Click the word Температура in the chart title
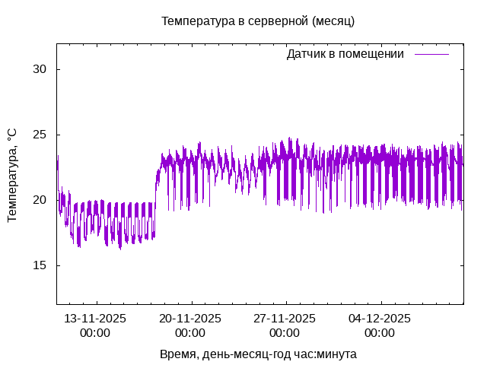click(x=197, y=21)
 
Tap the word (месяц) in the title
click(x=333, y=21)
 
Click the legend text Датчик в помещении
click(x=345, y=54)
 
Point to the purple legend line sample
click(x=431, y=54)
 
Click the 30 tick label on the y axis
click(x=40, y=69)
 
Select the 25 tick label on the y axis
click(x=40, y=135)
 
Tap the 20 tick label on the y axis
click(x=40, y=200)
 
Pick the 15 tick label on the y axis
click(x=40, y=265)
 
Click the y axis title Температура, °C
click(x=11, y=175)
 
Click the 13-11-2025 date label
click(x=95, y=319)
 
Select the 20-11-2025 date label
click(x=189, y=319)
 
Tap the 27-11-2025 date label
click(x=285, y=319)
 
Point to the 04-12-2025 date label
click(x=380, y=319)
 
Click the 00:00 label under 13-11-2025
click(x=95, y=333)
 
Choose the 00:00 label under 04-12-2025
click(x=380, y=333)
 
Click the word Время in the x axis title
click(x=177, y=354)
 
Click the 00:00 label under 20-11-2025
click(x=189, y=333)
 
